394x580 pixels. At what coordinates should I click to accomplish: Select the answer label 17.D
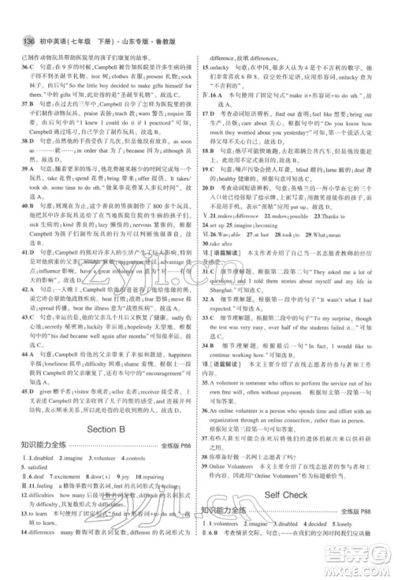209,113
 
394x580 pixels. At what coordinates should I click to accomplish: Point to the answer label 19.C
209,169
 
